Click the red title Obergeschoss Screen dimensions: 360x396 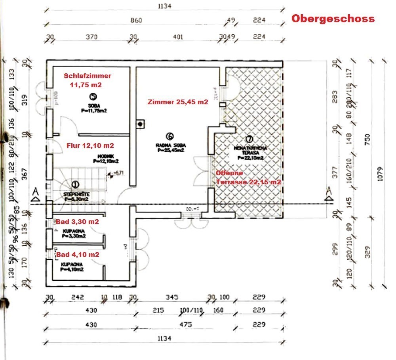point(333,19)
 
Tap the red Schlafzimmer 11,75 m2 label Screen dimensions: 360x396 point(88,80)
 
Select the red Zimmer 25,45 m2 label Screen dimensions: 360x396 point(177,102)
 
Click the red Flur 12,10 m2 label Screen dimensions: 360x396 point(90,146)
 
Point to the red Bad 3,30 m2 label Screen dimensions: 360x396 point(77,222)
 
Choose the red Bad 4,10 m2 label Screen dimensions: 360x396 point(77,254)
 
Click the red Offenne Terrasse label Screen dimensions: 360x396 point(248,178)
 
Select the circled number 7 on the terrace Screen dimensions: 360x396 point(249,139)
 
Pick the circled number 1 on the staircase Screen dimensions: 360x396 point(75,184)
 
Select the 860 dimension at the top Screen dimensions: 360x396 point(135,20)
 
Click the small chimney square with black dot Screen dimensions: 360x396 point(140,124)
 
